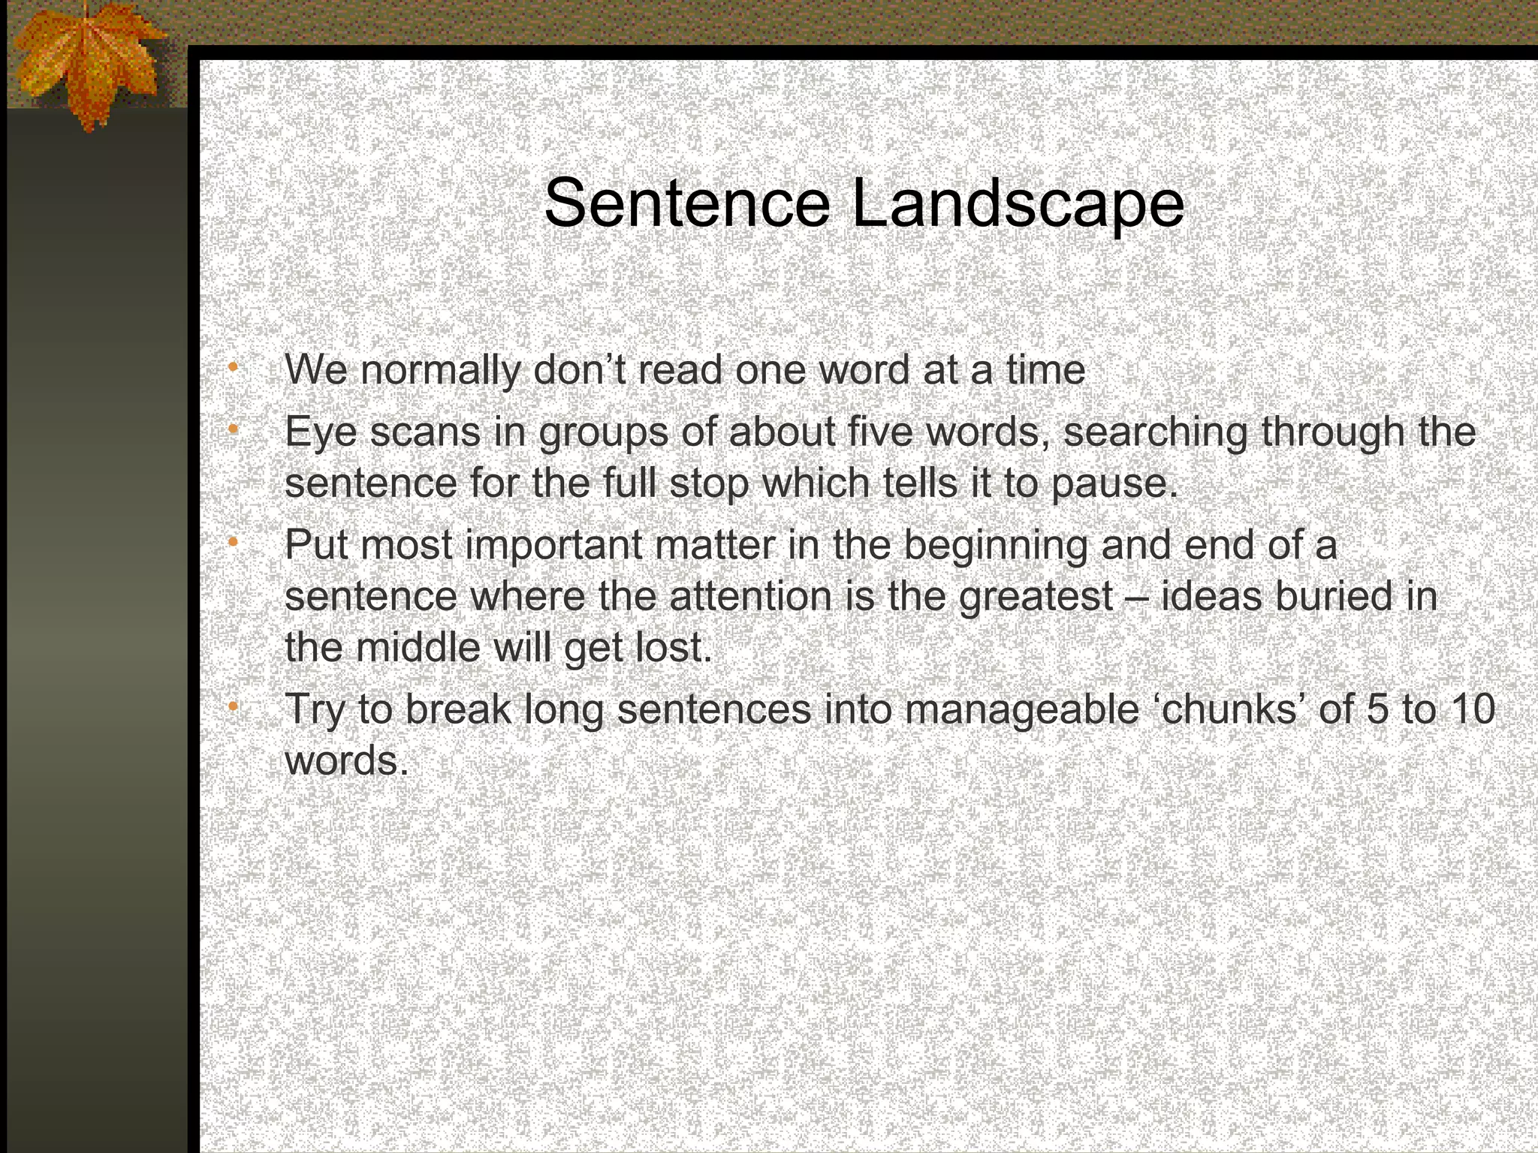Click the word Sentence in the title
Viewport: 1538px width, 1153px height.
(686, 203)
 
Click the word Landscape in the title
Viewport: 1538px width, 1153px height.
(1018, 205)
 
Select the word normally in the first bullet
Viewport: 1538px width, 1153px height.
(440, 371)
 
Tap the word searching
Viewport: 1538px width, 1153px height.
(1155, 433)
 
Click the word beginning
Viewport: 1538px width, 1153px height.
(995, 546)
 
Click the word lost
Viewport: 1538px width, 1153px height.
(674, 647)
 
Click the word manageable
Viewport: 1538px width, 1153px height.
(1021, 710)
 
